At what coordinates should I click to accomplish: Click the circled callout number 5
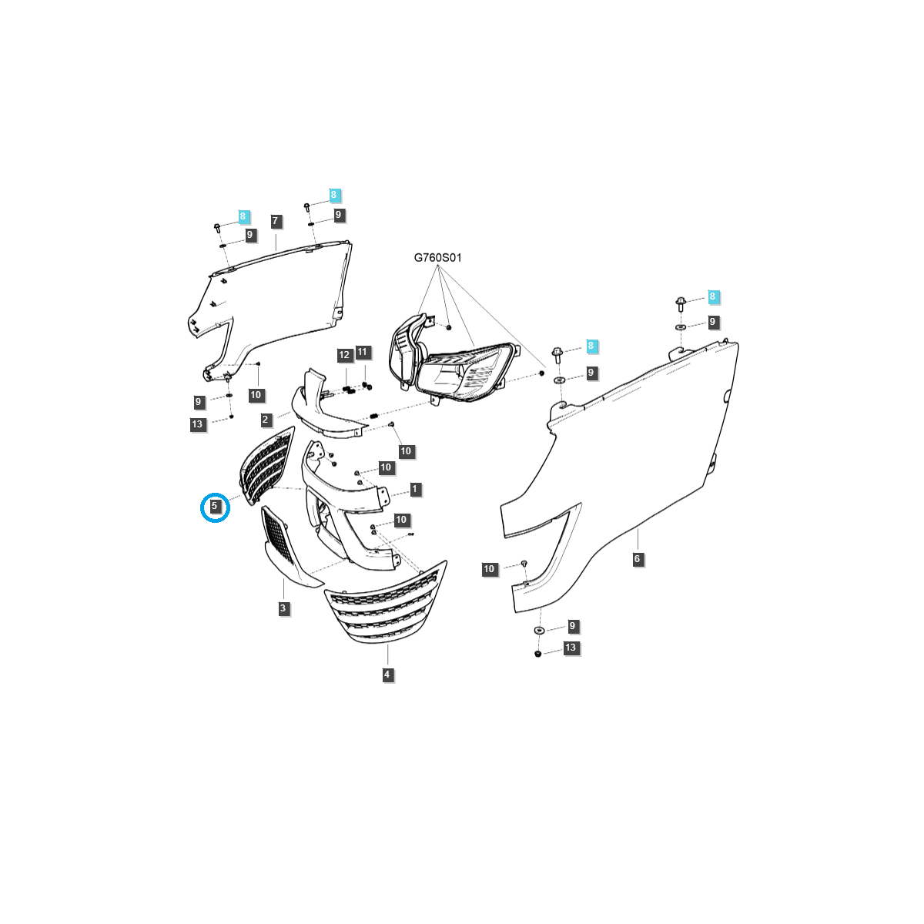point(214,506)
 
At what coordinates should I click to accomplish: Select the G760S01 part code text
point(437,258)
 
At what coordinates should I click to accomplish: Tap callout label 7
point(275,221)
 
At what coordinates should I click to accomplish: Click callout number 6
point(637,558)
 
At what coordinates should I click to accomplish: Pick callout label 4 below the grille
point(387,675)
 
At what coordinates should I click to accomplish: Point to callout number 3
point(283,608)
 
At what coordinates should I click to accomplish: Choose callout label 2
point(265,420)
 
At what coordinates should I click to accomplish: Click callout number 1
point(415,489)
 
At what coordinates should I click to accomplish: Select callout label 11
point(362,352)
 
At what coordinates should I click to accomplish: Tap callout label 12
point(344,355)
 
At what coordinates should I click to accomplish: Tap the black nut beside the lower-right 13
point(537,654)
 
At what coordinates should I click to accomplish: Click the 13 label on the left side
point(197,423)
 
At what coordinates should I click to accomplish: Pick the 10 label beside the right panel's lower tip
point(489,569)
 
